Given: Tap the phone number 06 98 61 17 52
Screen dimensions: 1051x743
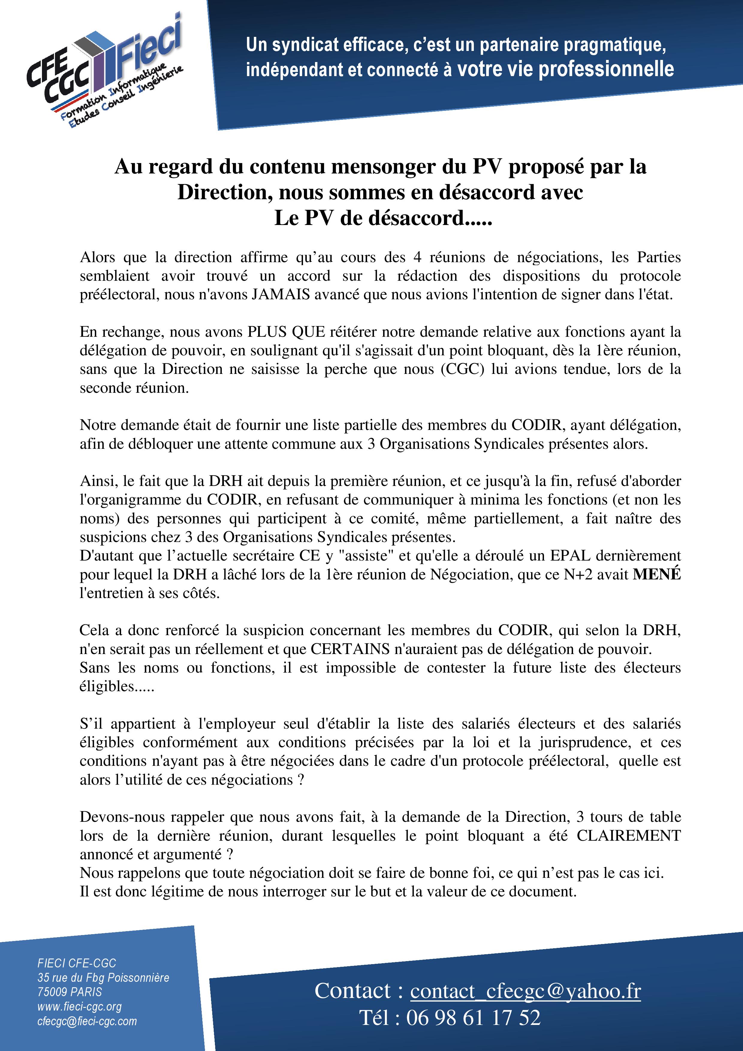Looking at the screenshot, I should tap(473, 1017).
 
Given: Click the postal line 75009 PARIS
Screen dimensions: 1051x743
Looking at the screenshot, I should tap(70, 992).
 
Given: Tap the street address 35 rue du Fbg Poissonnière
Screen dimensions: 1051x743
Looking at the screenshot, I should tap(103, 977).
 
